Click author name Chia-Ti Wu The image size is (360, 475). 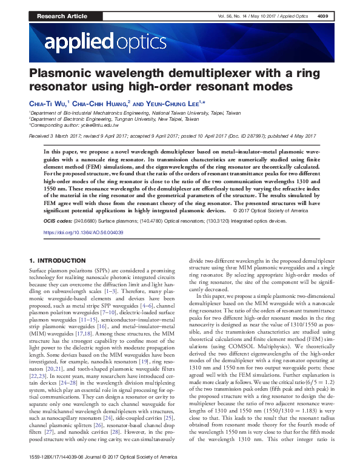48,104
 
